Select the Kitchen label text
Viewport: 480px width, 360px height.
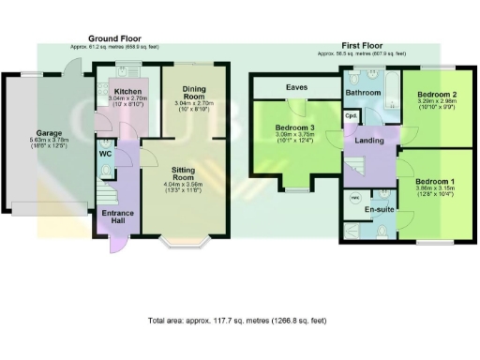(x=127, y=91)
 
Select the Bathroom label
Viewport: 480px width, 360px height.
(x=362, y=94)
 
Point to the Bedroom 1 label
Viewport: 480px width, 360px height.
(x=434, y=180)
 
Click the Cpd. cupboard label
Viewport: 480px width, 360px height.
(x=351, y=116)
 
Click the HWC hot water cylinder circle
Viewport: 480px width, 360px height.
(x=355, y=198)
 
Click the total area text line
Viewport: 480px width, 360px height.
(x=237, y=321)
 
